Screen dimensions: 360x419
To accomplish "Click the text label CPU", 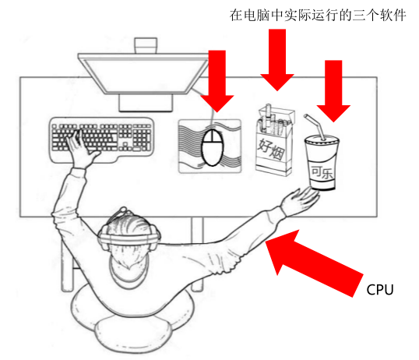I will point(380,290).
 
